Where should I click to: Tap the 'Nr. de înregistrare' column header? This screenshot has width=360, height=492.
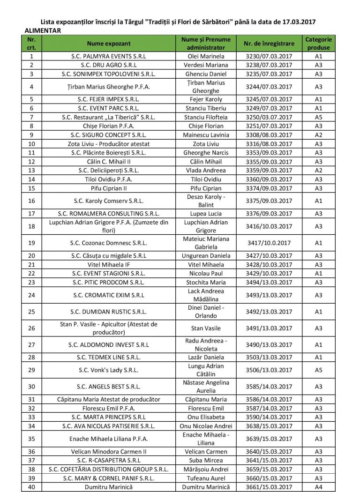[269, 43]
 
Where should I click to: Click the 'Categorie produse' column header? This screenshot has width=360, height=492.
[318, 43]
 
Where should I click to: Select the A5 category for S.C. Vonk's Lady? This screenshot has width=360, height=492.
[318, 370]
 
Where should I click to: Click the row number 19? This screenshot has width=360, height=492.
[31, 243]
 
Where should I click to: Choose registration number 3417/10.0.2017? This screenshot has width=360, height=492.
[269, 243]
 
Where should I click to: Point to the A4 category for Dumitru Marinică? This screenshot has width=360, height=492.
[318, 487]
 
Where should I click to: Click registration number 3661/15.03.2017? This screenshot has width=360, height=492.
[269, 487]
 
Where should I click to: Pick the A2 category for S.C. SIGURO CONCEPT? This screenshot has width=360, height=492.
[318, 135]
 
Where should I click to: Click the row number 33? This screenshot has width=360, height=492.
[31, 417]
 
